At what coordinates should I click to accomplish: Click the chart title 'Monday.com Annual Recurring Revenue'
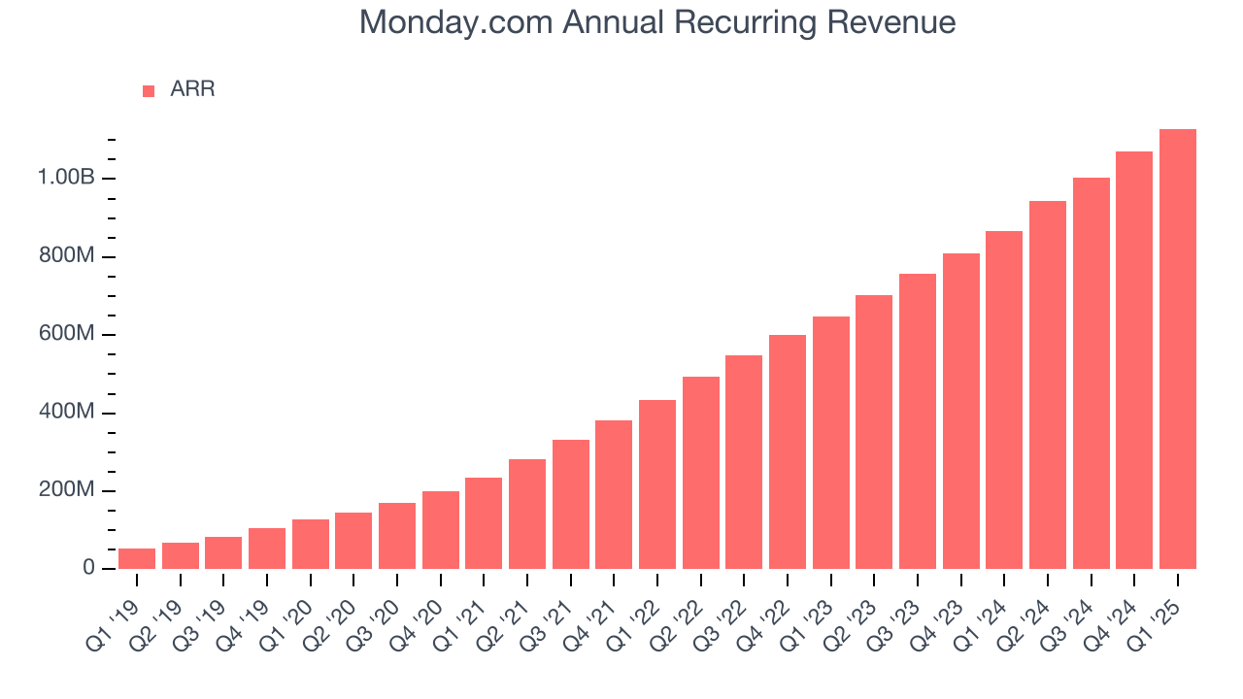657,22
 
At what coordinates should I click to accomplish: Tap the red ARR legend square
149,91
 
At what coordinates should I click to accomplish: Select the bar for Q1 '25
1177,349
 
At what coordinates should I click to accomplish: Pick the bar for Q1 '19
137,558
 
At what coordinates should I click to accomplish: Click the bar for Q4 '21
614,494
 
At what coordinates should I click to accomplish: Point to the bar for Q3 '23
917,420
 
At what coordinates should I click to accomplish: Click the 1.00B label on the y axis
66,179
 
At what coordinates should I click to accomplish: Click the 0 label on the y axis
88,569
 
